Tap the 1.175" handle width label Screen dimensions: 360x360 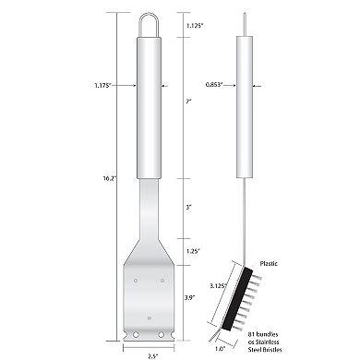[x=102, y=85]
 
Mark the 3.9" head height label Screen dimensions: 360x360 [x=189, y=297]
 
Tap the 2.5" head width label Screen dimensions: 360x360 [x=149, y=354]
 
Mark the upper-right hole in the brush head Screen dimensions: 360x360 [x=162, y=277]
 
